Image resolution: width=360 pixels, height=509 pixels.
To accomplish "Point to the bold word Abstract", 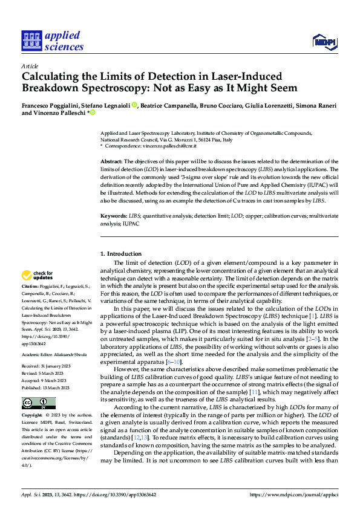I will (x=111, y=162).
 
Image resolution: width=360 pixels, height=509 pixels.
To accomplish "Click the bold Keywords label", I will (x=113, y=216).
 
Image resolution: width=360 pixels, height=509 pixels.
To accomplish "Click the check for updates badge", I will (x=38, y=276).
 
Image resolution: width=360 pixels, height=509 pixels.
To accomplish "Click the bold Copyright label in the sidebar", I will (x=32, y=416).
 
